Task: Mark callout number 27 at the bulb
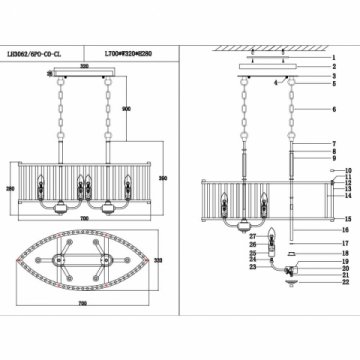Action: click(x=254, y=236)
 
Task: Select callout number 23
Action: click(x=252, y=266)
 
